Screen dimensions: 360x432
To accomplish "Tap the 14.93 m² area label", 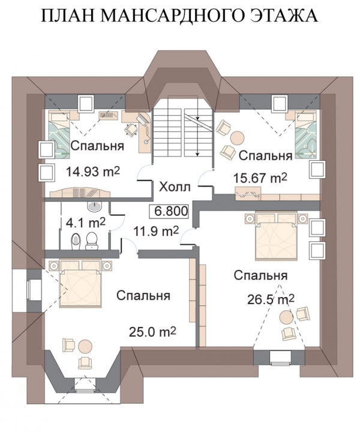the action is pyautogui.click(x=93, y=172).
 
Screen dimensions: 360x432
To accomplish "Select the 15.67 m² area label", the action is pyautogui.click(x=260, y=178).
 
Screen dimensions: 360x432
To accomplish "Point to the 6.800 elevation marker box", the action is pyautogui.click(x=169, y=211).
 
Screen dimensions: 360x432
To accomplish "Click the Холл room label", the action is pyautogui.click(x=175, y=187).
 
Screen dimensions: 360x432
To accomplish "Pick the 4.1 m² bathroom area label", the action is pyautogui.click(x=86, y=223).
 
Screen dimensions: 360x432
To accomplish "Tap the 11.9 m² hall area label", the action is pyautogui.click(x=156, y=231).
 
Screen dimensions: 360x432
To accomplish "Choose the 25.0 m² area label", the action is pyautogui.click(x=152, y=331).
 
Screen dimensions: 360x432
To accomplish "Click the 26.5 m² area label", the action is pyautogui.click(x=271, y=299).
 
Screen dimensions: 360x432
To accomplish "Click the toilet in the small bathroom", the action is pyautogui.click(x=91, y=241).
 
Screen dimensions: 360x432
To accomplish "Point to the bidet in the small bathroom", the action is pyautogui.click(x=76, y=242).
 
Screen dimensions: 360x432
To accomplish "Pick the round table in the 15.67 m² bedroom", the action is pyautogui.click(x=237, y=137).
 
